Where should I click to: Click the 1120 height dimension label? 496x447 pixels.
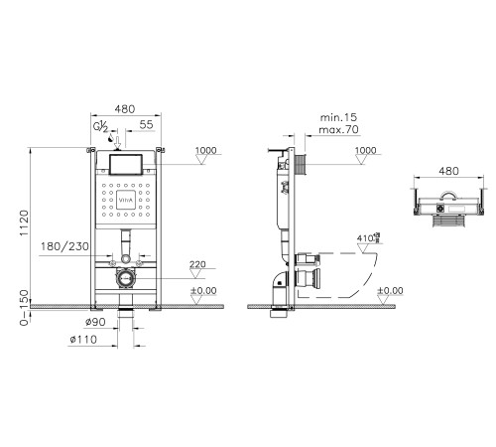25,223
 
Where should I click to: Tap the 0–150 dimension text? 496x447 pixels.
25,308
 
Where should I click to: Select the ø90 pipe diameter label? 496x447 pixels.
95,322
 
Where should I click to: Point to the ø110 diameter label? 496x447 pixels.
83,340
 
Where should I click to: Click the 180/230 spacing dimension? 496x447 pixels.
64,246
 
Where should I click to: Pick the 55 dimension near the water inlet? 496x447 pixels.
146,124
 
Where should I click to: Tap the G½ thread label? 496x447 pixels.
100,127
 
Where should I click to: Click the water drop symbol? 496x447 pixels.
111,138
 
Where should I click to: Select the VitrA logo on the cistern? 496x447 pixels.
126,200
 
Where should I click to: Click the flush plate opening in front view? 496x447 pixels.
126,165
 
